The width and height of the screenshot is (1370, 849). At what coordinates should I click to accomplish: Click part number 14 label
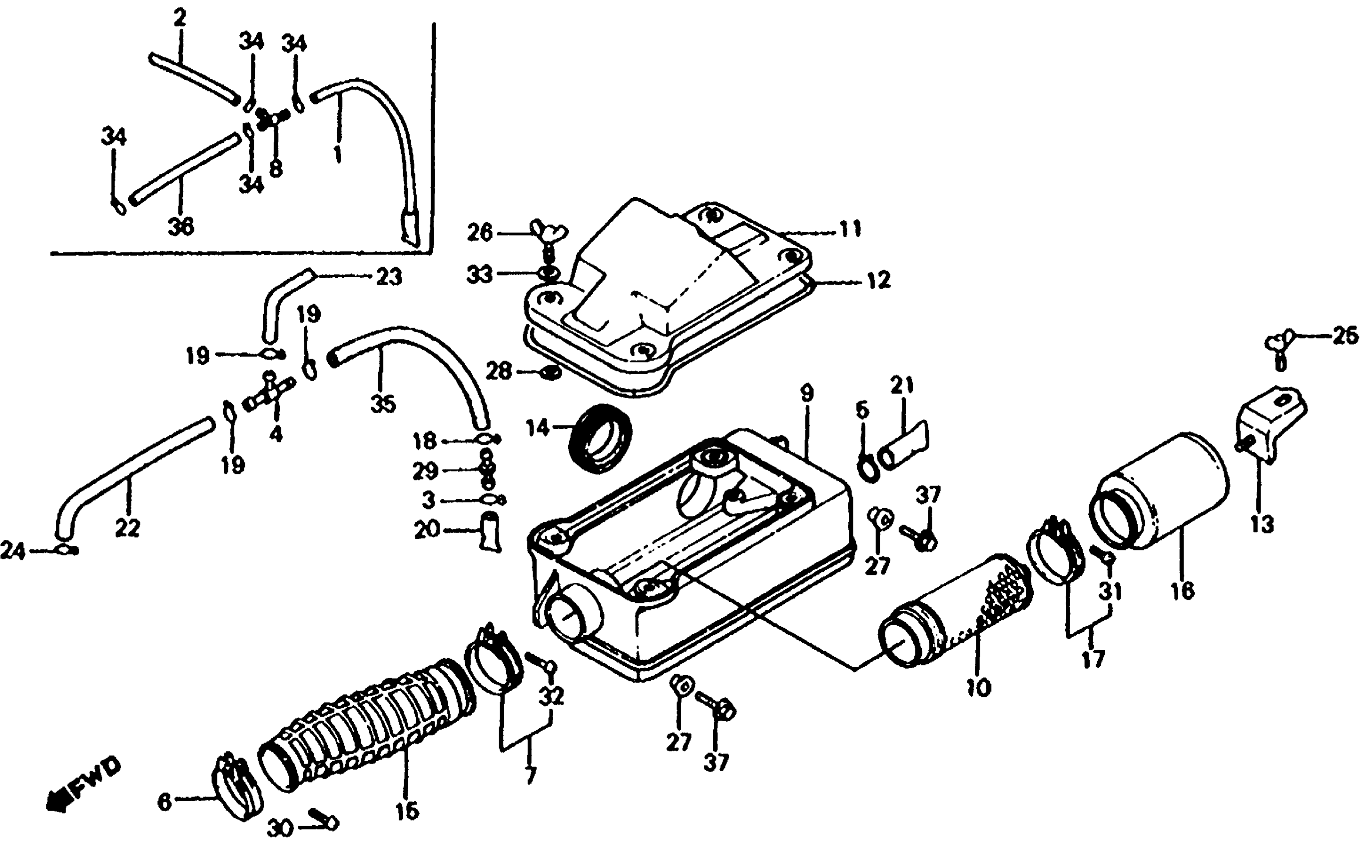pyautogui.click(x=537, y=428)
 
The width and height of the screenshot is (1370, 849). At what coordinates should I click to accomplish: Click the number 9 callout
pyautogui.click(x=806, y=394)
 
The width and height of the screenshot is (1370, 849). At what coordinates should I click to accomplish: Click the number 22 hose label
pyautogui.click(x=127, y=528)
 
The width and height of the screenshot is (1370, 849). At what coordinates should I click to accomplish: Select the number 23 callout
pyautogui.click(x=389, y=277)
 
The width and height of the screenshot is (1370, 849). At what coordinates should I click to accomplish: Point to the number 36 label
pyautogui.click(x=181, y=226)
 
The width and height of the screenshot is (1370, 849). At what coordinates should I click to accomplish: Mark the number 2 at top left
pyautogui.click(x=180, y=18)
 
